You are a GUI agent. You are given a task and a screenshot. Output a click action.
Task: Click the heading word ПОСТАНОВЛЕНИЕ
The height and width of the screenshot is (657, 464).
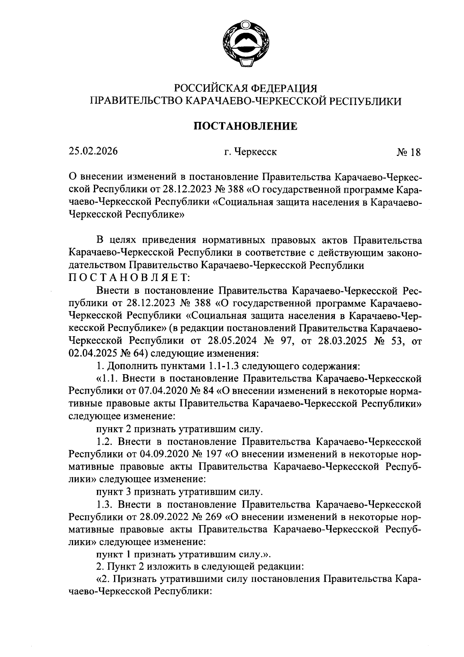point(245,126)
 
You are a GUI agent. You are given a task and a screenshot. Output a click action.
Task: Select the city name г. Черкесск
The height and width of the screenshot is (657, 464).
point(251,152)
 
